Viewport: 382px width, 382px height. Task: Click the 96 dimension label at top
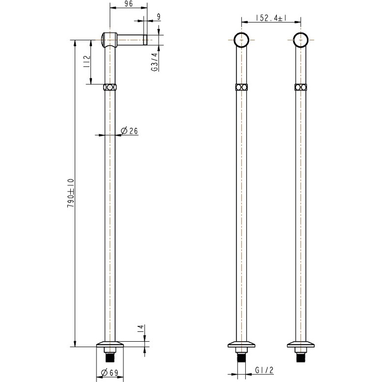(x=129, y=3)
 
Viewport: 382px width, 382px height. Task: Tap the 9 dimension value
(x=159, y=17)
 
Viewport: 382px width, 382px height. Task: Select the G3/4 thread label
(x=155, y=62)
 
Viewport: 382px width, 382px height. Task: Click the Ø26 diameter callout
(x=129, y=131)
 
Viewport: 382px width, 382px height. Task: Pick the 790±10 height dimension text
(x=71, y=193)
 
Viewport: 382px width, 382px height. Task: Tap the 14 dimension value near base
(x=141, y=329)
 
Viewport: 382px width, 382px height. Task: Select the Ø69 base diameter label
(x=109, y=373)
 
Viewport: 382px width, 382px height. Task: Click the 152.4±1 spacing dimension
(x=271, y=18)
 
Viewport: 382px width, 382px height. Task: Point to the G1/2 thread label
(x=264, y=370)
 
